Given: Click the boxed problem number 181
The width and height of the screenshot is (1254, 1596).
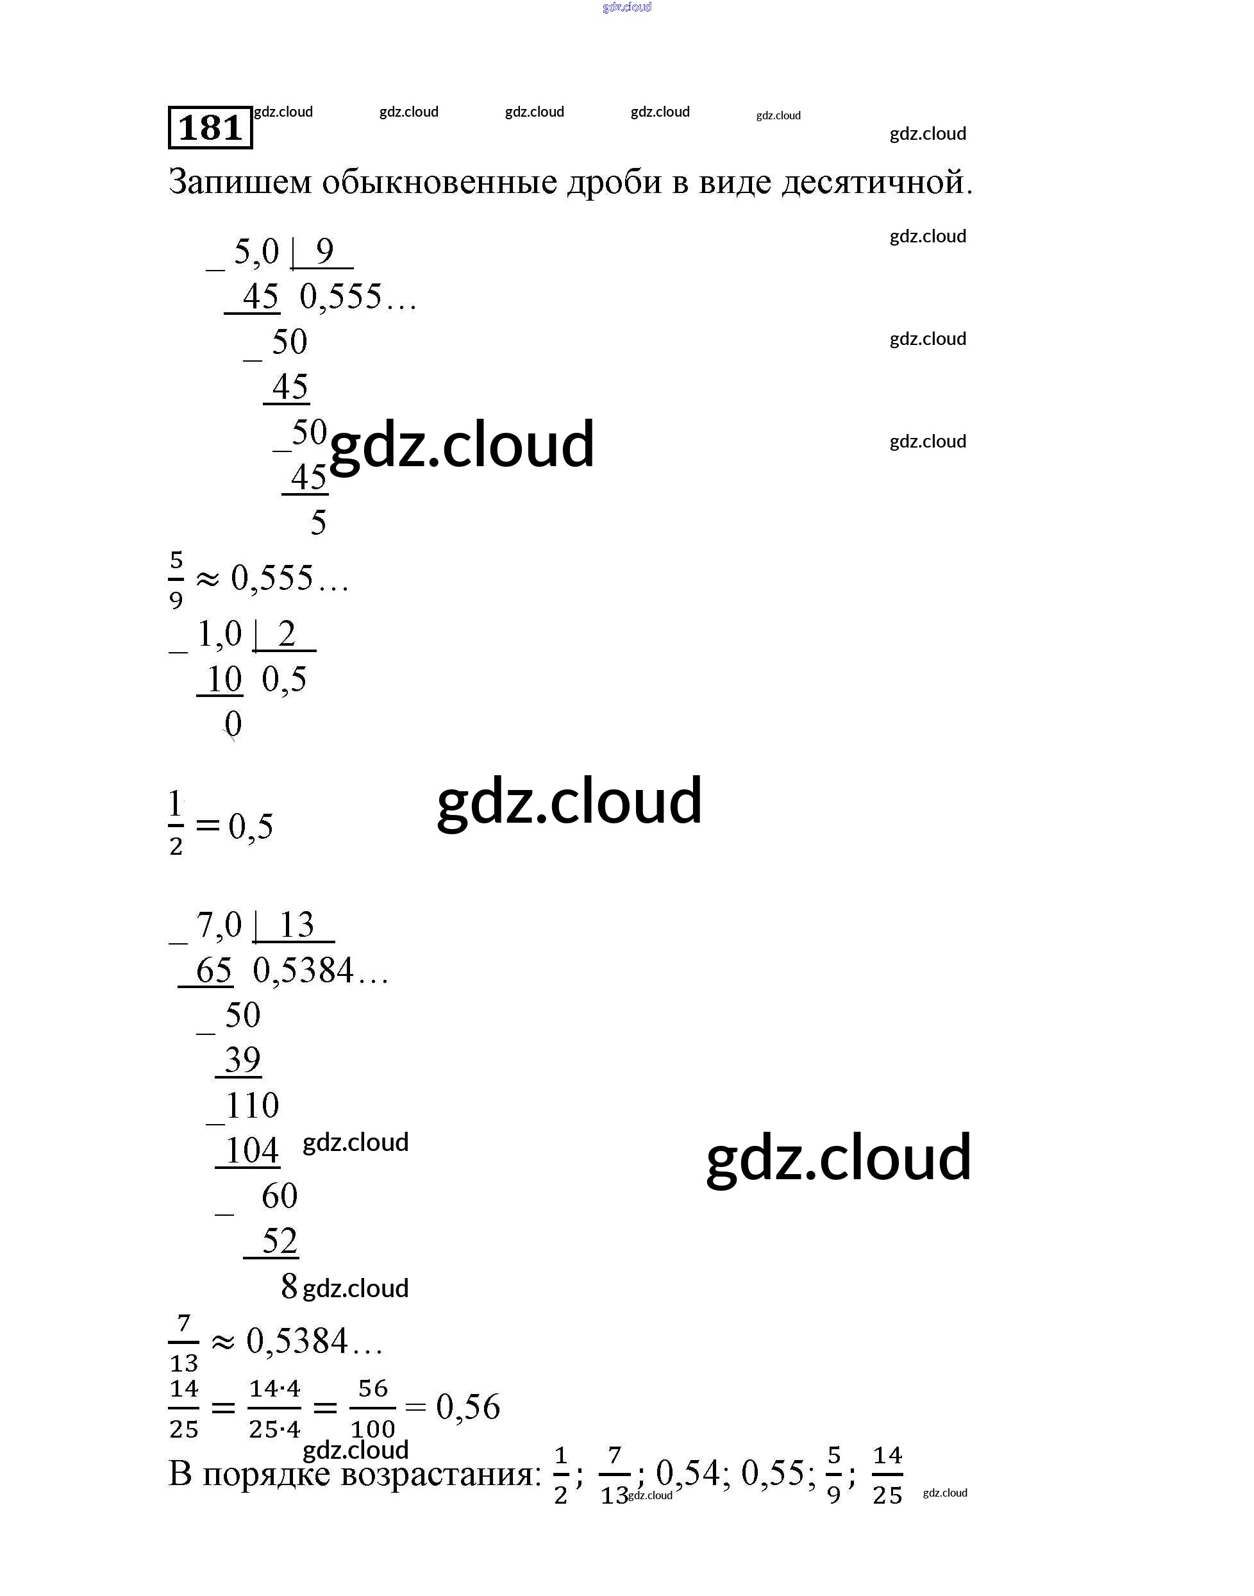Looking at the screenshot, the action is coord(210,128).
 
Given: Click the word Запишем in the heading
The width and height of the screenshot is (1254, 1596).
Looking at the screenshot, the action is coord(240,181).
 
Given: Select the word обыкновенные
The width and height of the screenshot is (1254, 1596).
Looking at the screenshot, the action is coord(439,181).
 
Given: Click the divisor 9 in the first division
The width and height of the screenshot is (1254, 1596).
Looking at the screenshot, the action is coord(324,252).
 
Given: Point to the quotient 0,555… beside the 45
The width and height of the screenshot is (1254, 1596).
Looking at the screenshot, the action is coord(358,298).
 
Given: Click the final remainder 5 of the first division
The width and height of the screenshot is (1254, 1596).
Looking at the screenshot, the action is coord(318,523).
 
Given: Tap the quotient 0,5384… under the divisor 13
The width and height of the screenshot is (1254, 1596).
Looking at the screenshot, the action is coord(320,971).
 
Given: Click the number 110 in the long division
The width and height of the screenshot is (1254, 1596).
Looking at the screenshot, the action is coord(252,1105).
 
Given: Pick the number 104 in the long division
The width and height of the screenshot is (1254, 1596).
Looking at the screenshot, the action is coord(251,1150).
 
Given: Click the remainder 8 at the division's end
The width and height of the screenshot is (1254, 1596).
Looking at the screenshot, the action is coord(289,1286).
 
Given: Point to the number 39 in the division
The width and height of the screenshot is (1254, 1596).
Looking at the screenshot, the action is coord(242,1060).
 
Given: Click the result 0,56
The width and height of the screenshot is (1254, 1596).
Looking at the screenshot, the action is coord(467,1407).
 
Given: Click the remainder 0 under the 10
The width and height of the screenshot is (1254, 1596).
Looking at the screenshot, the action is coord(233,724).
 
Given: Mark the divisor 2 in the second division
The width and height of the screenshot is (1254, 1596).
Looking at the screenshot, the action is coord(287,634).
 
